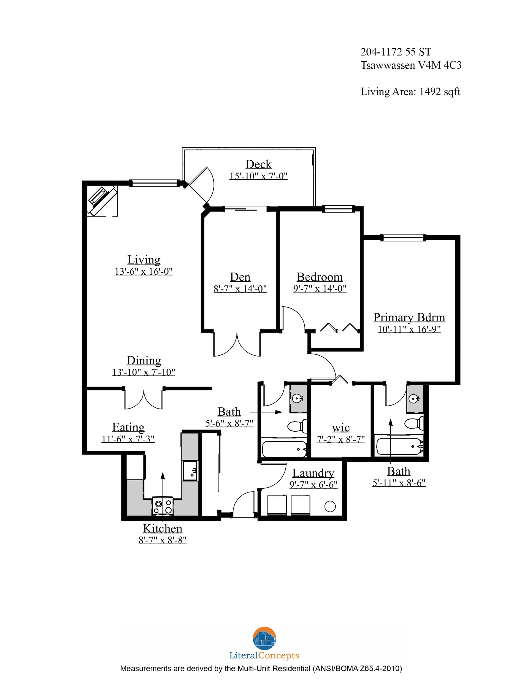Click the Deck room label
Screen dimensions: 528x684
258,164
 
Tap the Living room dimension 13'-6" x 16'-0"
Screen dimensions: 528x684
144,271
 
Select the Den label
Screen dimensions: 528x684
240,277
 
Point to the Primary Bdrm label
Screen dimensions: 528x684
409,317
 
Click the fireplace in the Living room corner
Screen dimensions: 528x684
102,200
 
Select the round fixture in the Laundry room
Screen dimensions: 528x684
330,506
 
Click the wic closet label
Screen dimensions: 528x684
341,427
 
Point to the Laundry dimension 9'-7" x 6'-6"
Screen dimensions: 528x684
313,484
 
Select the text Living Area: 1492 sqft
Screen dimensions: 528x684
410,92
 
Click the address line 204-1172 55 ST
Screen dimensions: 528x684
396,52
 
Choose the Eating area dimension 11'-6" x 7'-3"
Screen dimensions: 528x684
128,439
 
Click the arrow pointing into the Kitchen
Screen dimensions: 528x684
163,492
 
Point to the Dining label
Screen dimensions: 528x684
144,360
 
